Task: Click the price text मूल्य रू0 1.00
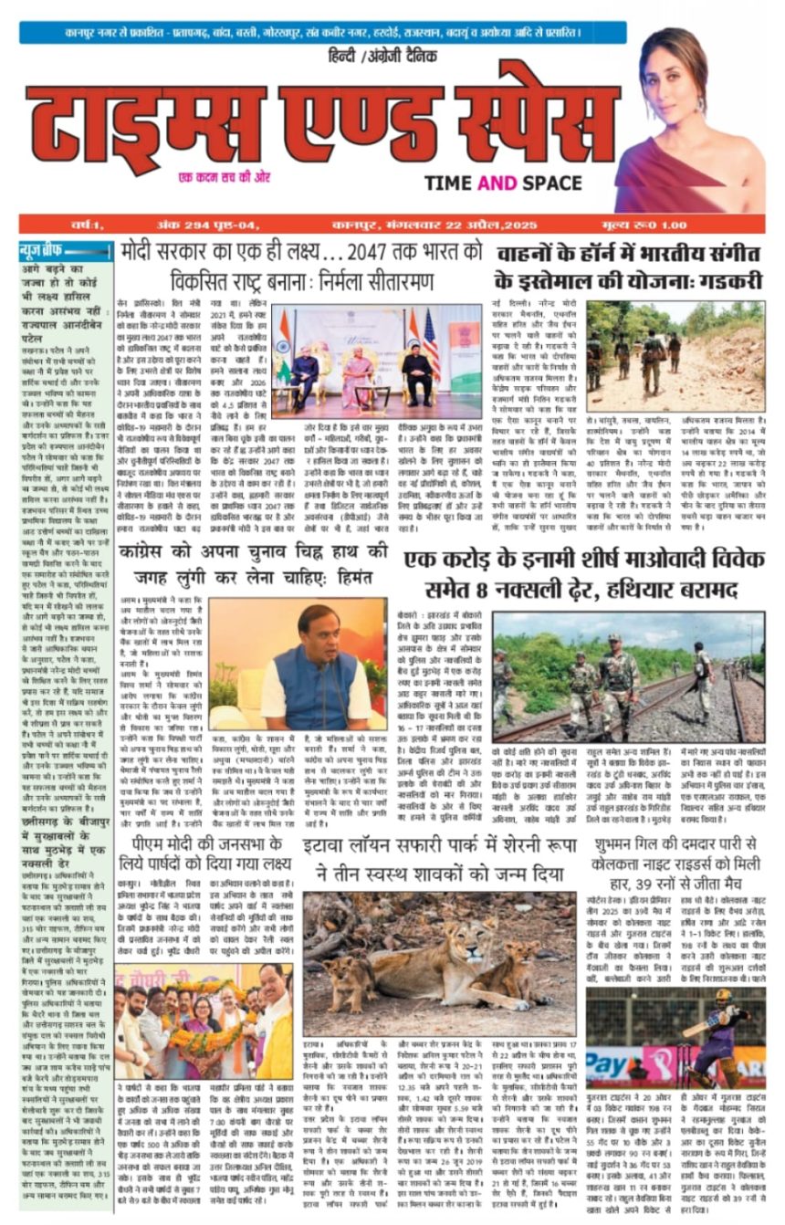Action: pos(715,225)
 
